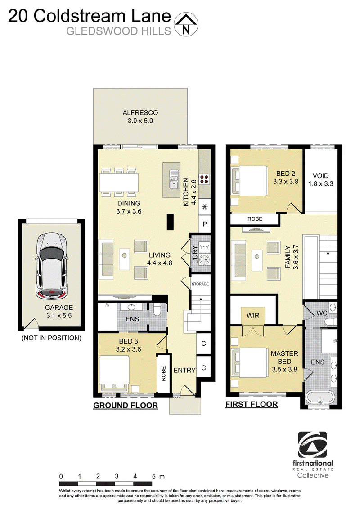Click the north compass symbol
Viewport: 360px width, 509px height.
[186, 25]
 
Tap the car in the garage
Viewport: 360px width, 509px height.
[52, 266]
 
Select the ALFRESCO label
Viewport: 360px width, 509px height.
[140, 113]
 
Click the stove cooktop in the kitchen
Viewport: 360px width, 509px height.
[204, 179]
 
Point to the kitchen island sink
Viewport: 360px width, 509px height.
[174, 179]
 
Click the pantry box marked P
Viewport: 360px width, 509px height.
[205, 224]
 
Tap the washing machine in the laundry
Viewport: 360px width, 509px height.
[204, 247]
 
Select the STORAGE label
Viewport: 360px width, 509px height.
[200, 284]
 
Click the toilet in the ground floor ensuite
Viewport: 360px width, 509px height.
[157, 309]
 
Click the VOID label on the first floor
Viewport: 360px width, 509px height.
[321, 176]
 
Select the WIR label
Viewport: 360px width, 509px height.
[253, 315]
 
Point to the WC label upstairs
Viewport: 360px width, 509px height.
[322, 313]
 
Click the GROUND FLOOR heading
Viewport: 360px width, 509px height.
[126, 406]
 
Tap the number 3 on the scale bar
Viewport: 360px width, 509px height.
[117, 477]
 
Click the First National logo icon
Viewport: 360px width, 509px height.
[313, 445]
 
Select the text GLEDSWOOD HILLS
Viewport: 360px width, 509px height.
[119, 31]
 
